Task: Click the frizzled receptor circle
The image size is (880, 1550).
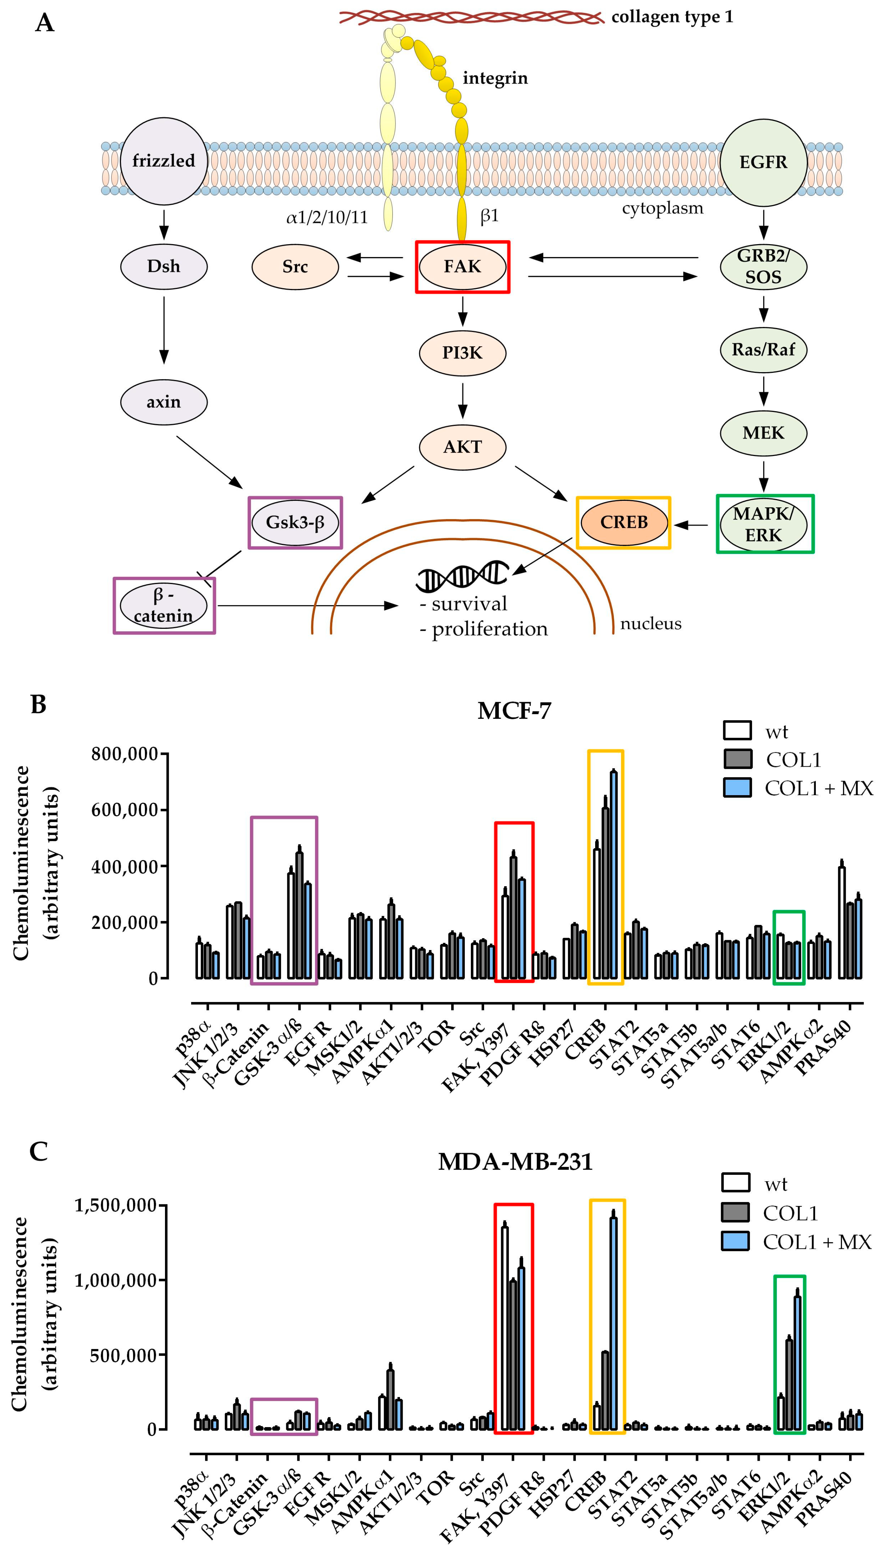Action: click(x=163, y=161)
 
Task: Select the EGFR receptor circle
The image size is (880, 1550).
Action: click(x=763, y=162)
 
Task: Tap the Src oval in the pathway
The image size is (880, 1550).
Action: click(x=295, y=267)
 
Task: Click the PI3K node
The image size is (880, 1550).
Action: click(x=462, y=352)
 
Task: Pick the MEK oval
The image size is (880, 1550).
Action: click(x=763, y=433)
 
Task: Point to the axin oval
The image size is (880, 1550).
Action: click(x=163, y=402)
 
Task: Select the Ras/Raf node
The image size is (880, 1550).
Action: click(x=763, y=349)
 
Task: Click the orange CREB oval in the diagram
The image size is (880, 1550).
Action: click(x=624, y=522)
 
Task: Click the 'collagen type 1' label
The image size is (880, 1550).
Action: click(x=672, y=17)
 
